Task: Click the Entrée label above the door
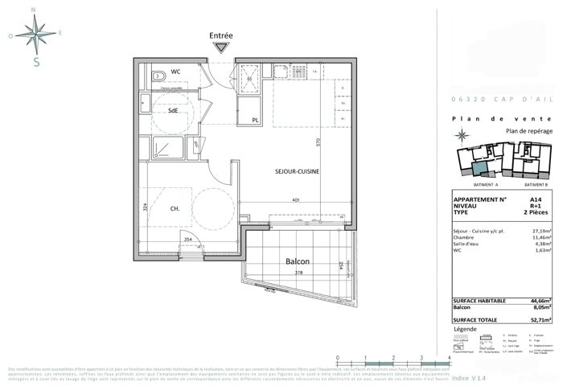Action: pyautogui.click(x=221, y=35)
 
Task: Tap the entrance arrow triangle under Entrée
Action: pyautogui.click(x=220, y=49)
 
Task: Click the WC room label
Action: pyautogui.click(x=175, y=72)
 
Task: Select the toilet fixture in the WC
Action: pyautogui.click(x=158, y=75)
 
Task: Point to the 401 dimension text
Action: pyautogui.click(x=296, y=200)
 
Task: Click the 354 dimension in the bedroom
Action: pyautogui.click(x=187, y=240)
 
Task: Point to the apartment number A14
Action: pyautogui.click(x=535, y=199)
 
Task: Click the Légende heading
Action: pyautogui.click(x=466, y=330)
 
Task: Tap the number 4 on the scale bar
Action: pyautogui.click(x=448, y=357)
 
